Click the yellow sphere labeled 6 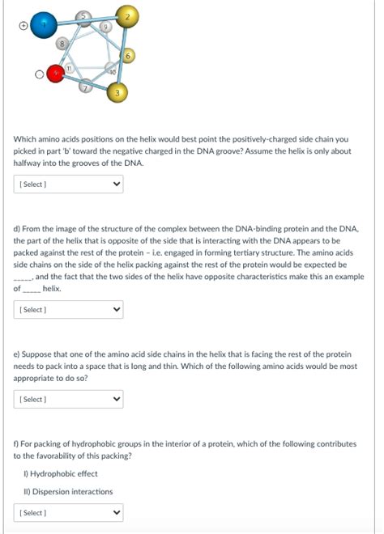(128, 56)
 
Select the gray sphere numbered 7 (87, 87)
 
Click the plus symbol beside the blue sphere (24, 26)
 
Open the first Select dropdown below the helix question (68, 184)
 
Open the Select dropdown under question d (68, 309)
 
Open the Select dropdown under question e (68, 399)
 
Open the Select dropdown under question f (68, 513)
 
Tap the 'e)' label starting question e (17, 354)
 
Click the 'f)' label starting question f (16, 443)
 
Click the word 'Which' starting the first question (23, 139)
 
